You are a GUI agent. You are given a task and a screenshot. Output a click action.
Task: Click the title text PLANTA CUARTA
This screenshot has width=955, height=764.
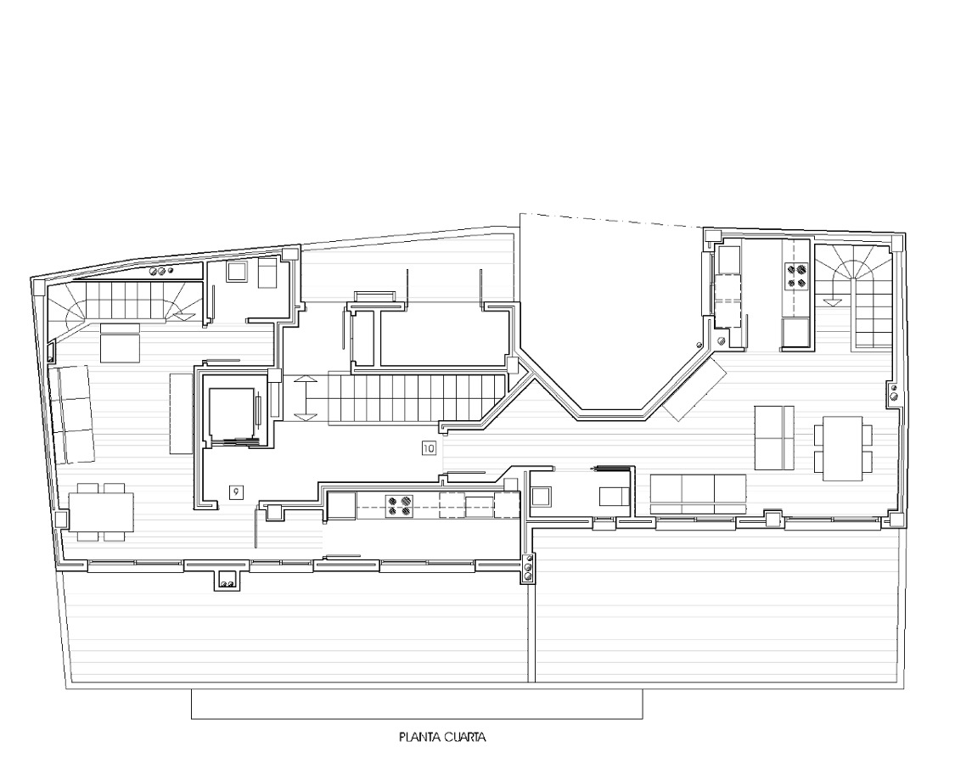[x=443, y=737]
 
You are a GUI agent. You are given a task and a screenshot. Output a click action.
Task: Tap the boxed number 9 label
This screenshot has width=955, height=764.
[x=236, y=492]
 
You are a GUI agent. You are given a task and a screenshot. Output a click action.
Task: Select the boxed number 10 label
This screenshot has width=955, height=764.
[x=429, y=448]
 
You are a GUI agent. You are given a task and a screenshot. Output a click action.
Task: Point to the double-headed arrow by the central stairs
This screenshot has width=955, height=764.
[x=305, y=398]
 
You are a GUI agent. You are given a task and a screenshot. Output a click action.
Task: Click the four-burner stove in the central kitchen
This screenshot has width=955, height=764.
[x=398, y=505]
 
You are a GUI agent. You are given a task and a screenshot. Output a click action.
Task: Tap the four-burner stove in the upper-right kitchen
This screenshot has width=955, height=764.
[x=796, y=274]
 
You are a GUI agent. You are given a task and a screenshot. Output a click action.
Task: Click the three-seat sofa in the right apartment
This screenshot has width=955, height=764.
[x=698, y=493]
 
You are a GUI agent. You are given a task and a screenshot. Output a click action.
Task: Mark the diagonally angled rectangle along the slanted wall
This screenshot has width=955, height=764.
[x=695, y=389]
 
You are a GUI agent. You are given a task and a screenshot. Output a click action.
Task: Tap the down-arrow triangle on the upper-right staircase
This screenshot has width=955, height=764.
[x=833, y=301]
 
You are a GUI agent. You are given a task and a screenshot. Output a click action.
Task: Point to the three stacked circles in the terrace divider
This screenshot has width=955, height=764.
[x=528, y=566]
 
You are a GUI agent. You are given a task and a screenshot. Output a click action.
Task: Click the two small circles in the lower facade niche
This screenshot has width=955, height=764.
[x=228, y=584]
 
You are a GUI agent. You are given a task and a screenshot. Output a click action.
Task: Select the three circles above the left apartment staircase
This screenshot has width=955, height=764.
[x=161, y=271]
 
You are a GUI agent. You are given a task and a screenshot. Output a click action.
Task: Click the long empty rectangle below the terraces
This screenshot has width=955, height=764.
[x=417, y=704]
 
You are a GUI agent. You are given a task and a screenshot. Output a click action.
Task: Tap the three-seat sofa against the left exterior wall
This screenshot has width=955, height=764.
[x=72, y=414]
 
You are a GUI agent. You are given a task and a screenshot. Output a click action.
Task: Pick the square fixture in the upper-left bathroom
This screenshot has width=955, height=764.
[x=236, y=271]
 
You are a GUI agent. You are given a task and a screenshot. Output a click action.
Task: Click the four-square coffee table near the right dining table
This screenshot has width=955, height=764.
[x=775, y=437]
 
